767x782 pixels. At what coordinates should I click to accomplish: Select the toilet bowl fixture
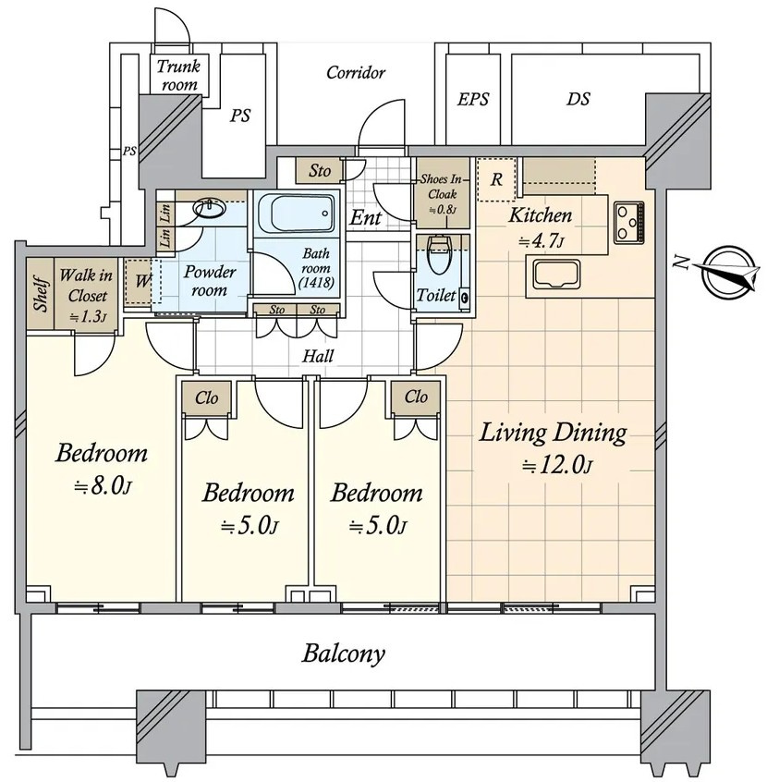tap(439, 255)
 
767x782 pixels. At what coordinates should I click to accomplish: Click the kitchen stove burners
tap(629, 222)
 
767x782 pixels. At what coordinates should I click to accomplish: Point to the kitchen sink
tap(556, 275)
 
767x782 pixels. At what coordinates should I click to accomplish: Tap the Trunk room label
tap(178, 75)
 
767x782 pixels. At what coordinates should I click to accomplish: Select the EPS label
tap(473, 99)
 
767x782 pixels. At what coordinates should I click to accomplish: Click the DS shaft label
tap(578, 99)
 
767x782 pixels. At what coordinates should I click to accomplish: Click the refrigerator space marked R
tap(496, 179)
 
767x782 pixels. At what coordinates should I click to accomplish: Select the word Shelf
tap(42, 294)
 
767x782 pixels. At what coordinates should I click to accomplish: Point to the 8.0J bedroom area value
tap(103, 487)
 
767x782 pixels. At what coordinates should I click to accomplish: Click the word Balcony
tap(344, 654)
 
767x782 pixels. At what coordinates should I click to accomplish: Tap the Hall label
tap(318, 356)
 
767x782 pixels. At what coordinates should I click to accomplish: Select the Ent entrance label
tap(366, 217)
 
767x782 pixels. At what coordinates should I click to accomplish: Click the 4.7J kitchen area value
tap(542, 242)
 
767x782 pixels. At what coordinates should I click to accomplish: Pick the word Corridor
tap(356, 73)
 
